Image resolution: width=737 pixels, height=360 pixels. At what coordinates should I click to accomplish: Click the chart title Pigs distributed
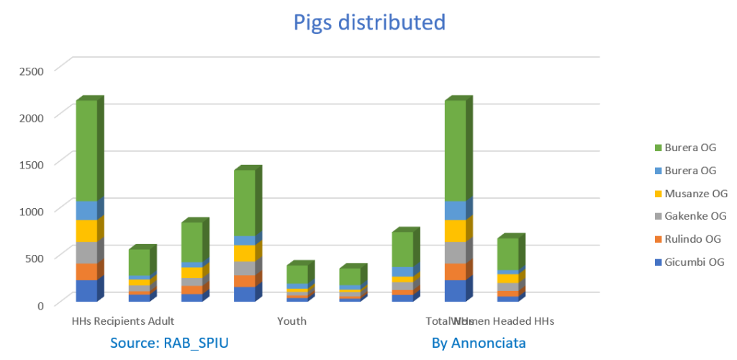[368, 22]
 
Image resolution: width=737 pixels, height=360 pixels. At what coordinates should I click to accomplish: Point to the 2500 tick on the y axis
[32, 71]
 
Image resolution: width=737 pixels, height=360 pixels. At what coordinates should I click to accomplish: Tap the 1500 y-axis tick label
[32, 164]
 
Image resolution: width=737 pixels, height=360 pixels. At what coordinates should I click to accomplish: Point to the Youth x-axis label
[291, 321]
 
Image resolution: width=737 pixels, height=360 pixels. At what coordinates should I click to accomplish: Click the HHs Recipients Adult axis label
[123, 321]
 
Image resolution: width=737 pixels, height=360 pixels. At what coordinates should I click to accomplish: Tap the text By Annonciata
[479, 343]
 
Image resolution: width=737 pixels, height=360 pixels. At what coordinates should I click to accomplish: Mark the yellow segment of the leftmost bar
[86, 230]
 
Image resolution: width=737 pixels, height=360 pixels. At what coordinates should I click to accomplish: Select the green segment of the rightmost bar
[507, 253]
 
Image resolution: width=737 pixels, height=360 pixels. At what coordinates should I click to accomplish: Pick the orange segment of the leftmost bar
[86, 271]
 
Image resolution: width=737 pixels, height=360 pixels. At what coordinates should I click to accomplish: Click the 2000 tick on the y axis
[32, 117]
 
